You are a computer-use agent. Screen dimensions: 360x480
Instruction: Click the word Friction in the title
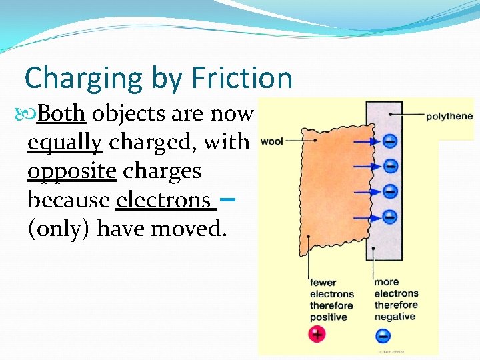pyautogui.click(x=243, y=78)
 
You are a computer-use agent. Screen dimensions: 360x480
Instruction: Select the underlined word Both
pyautogui.click(x=61, y=114)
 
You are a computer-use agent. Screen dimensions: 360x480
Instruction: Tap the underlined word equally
pyautogui.click(x=65, y=143)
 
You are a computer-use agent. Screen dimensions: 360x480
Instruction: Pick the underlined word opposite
pyautogui.click(x=72, y=171)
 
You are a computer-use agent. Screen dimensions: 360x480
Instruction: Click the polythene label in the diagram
pyautogui.click(x=449, y=116)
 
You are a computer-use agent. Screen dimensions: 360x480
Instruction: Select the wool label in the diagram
pyautogui.click(x=271, y=141)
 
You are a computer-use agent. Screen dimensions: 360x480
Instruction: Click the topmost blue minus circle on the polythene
pyautogui.click(x=391, y=141)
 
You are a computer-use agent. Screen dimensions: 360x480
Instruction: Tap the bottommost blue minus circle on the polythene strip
pyautogui.click(x=391, y=217)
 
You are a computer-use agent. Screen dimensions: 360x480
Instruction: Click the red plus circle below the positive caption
pyautogui.click(x=317, y=334)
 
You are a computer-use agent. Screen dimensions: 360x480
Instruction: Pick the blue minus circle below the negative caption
pyautogui.click(x=383, y=335)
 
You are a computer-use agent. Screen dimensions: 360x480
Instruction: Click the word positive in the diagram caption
pyautogui.click(x=328, y=317)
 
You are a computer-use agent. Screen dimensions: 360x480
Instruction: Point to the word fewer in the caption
pyautogui.click(x=323, y=282)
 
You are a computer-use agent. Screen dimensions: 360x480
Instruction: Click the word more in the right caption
pyautogui.click(x=386, y=282)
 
